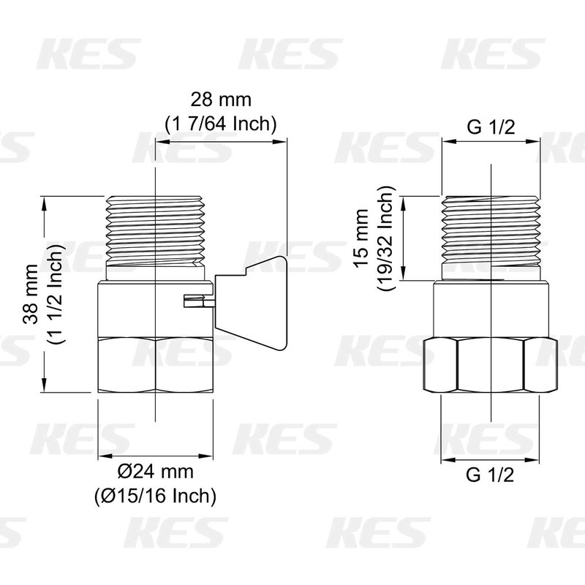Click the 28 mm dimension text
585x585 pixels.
222,99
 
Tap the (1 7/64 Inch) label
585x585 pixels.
221,124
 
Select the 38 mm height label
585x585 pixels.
30,294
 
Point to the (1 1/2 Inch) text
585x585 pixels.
55,294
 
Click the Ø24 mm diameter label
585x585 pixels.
156,472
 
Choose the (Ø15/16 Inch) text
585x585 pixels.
155,496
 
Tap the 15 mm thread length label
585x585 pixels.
361,238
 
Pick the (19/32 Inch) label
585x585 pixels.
386,238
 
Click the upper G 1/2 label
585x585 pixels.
491,127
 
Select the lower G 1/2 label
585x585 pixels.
490,475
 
